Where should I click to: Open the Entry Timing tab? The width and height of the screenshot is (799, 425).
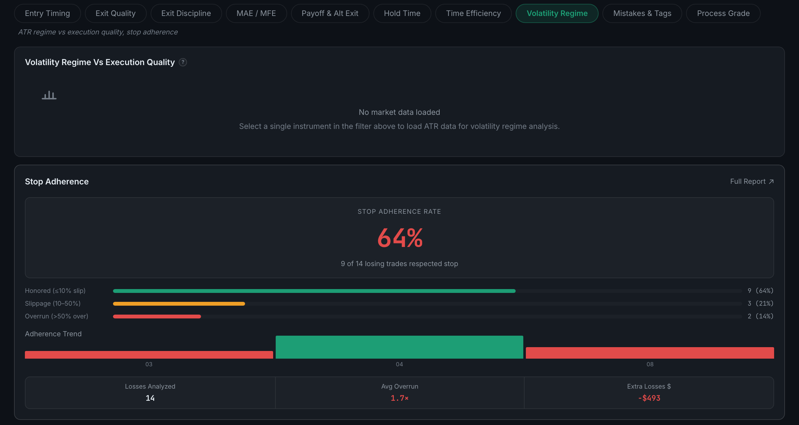(x=47, y=13)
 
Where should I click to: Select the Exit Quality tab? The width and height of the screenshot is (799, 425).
(x=116, y=13)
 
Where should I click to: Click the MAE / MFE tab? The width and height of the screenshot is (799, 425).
(x=256, y=13)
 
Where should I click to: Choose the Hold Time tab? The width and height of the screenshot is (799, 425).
(x=402, y=13)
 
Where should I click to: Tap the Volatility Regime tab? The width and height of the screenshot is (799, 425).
(x=557, y=13)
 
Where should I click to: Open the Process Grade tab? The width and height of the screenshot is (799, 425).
(x=723, y=13)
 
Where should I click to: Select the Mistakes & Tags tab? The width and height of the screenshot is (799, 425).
(x=642, y=13)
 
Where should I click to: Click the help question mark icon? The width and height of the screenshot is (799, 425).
(x=183, y=62)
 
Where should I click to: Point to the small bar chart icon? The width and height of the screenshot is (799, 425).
(x=49, y=95)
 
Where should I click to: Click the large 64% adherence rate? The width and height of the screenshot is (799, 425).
(x=400, y=238)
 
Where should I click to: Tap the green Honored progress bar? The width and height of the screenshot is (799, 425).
(x=314, y=291)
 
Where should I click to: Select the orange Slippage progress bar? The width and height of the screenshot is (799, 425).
(x=179, y=304)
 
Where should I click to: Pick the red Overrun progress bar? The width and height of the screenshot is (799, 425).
(x=157, y=317)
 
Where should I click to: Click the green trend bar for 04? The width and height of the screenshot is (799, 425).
(x=399, y=347)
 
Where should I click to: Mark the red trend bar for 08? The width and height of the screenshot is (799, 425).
(x=650, y=353)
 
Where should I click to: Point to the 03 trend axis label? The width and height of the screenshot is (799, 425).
(x=149, y=364)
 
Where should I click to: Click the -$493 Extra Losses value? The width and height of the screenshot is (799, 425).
(x=649, y=398)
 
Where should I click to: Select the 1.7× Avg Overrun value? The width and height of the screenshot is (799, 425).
(x=399, y=398)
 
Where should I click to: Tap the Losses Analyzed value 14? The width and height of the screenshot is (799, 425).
(x=150, y=398)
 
